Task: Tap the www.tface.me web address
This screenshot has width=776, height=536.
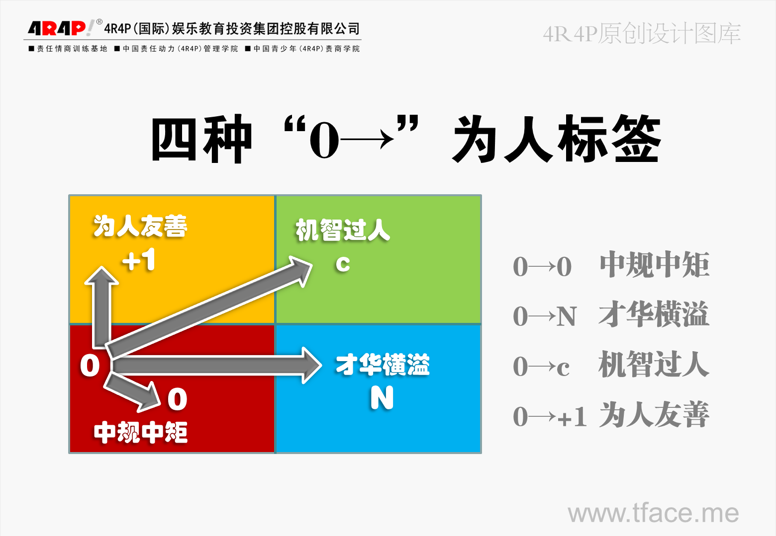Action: click(x=653, y=513)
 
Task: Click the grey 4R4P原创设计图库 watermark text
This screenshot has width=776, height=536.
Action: click(x=642, y=34)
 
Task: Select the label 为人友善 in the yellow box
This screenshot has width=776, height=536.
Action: click(x=140, y=226)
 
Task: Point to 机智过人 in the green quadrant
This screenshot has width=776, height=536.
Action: click(x=343, y=230)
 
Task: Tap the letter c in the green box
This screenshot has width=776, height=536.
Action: click(x=343, y=264)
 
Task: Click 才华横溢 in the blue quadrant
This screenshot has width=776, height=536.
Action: click(x=383, y=364)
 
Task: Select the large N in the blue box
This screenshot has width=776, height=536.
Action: click(x=382, y=397)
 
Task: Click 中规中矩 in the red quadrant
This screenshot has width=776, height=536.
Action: click(x=141, y=432)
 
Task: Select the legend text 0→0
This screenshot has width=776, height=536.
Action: click(x=542, y=267)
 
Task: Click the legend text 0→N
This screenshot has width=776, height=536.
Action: click(x=544, y=316)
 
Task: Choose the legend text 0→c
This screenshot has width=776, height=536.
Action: click(x=541, y=367)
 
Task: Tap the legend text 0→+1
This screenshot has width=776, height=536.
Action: click(x=550, y=416)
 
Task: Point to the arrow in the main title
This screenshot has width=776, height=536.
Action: click(x=367, y=140)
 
